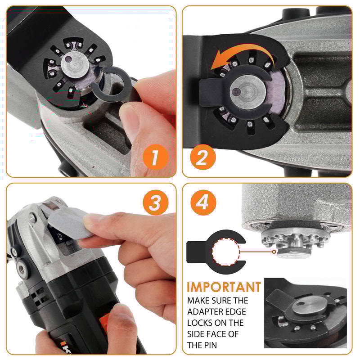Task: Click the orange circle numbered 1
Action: tap(154, 157)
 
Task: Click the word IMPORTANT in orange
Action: tap(224, 287)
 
